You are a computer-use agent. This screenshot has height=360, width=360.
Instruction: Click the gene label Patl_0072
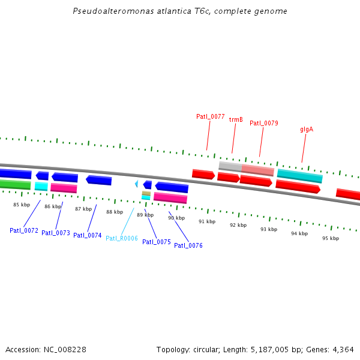[x=24, y=230]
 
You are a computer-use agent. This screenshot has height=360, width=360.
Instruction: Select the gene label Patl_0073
[x=56, y=233]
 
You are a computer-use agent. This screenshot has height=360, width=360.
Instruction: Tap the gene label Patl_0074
[x=88, y=235]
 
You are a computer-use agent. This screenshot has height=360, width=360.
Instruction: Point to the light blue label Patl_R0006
[x=122, y=238]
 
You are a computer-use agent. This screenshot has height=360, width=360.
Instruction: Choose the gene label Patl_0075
[x=157, y=242]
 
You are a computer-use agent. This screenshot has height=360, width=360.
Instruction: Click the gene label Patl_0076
[x=188, y=245]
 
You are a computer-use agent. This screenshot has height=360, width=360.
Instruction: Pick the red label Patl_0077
[x=211, y=116]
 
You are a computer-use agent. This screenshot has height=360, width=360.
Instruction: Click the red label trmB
[x=236, y=119]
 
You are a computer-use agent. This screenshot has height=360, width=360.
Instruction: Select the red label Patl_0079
[x=264, y=123]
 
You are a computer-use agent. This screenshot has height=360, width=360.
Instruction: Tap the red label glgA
[x=307, y=129]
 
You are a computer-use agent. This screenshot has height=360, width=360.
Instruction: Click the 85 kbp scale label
[x=22, y=205]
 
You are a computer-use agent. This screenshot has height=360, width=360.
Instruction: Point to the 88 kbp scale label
[x=115, y=212]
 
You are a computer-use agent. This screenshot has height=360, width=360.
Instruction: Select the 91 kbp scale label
[x=207, y=221]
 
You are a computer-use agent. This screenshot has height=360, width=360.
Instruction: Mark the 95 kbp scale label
[x=331, y=238]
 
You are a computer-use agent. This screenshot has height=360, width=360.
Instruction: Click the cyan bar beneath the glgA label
[x=299, y=176]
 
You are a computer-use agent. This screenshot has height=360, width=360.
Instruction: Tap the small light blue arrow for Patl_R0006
[x=136, y=184]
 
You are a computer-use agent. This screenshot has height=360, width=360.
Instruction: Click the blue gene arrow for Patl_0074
[x=98, y=180]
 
